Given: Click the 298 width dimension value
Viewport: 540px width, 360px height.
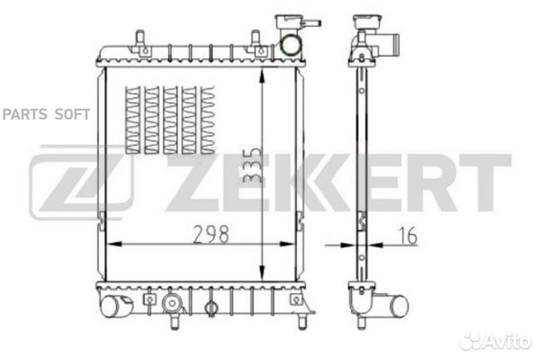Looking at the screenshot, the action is coord(211,234).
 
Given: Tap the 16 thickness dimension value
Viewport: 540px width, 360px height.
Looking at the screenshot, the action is coord(408,236).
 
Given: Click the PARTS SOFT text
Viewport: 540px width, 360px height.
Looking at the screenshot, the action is coord(46,114).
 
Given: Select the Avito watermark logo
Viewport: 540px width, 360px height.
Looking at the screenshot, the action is coord(496,340).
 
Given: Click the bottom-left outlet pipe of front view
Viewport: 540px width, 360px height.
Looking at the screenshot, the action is coord(113,305).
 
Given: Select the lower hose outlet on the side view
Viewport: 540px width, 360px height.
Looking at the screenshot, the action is coord(396,304).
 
